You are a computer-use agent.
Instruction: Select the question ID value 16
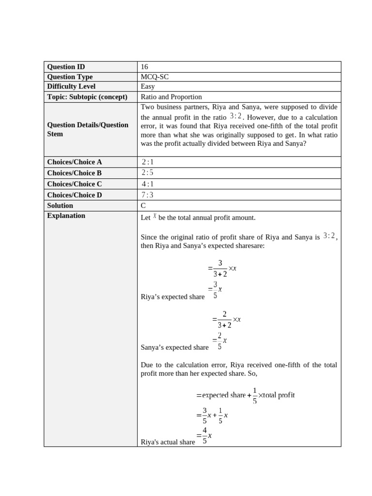point(144,67)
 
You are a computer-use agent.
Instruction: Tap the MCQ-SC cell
point(155,77)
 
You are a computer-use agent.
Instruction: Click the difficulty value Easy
point(148,86)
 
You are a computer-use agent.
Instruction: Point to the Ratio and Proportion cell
point(171,96)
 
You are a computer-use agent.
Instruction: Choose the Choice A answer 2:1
point(147,162)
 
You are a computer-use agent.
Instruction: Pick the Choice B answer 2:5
point(147,172)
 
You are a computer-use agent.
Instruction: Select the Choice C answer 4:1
point(147,184)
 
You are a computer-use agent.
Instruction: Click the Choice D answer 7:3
point(147,195)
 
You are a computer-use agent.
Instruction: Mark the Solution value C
point(143,205)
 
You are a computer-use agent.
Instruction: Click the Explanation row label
point(66,216)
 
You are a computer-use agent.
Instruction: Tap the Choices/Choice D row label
point(75,195)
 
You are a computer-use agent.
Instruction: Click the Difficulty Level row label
point(71,86)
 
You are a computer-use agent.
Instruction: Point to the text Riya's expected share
point(172,297)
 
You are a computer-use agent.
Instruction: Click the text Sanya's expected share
point(174,347)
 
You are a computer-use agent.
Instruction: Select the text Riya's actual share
point(168,442)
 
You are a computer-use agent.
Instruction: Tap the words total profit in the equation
point(279,395)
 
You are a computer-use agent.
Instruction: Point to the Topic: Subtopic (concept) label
point(87,96)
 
